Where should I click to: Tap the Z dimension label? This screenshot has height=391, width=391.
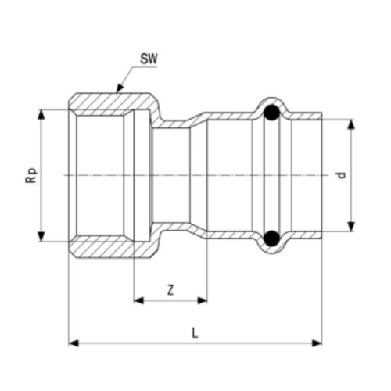click(x=170, y=289)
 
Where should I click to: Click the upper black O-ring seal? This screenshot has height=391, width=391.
click(x=271, y=114)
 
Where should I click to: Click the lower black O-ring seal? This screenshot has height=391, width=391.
click(x=271, y=238)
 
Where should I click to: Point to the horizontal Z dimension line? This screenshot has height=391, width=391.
click(x=170, y=299)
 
